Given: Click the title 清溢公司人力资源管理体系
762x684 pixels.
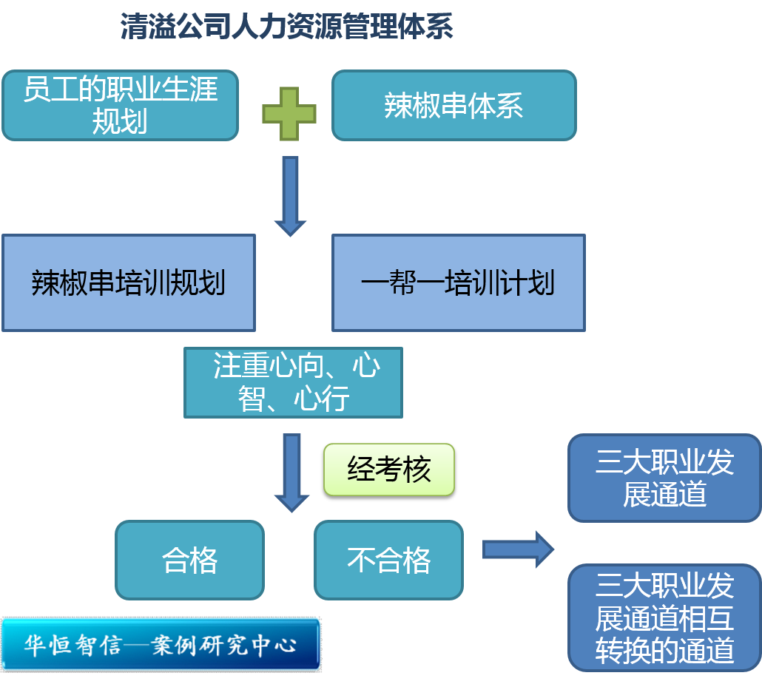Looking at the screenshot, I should (287, 27).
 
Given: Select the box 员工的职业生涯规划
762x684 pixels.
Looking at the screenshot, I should (120, 105).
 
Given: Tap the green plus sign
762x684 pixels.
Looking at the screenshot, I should (289, 114).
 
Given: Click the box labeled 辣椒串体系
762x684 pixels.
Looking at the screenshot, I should (454, 105).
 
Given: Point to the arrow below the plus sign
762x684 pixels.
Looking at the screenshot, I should (290, 195).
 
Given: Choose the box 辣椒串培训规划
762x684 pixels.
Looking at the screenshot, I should (128, 282).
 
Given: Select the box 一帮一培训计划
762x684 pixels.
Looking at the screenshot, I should (458, 282).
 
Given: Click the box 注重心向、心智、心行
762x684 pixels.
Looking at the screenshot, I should (293, 382).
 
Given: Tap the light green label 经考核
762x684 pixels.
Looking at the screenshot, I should (388, 470).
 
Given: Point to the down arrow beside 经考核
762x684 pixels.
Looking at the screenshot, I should (291, 472).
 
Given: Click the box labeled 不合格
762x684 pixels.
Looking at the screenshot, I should (388, 560).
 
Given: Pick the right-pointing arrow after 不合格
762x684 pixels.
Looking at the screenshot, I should (518, 549).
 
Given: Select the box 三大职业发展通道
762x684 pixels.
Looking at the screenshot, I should (664, 478).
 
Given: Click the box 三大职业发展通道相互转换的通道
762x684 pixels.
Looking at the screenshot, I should (664, 617).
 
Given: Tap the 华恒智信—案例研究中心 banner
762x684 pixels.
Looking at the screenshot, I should (161, 644).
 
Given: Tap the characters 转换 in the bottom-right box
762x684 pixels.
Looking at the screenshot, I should (623, 650).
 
